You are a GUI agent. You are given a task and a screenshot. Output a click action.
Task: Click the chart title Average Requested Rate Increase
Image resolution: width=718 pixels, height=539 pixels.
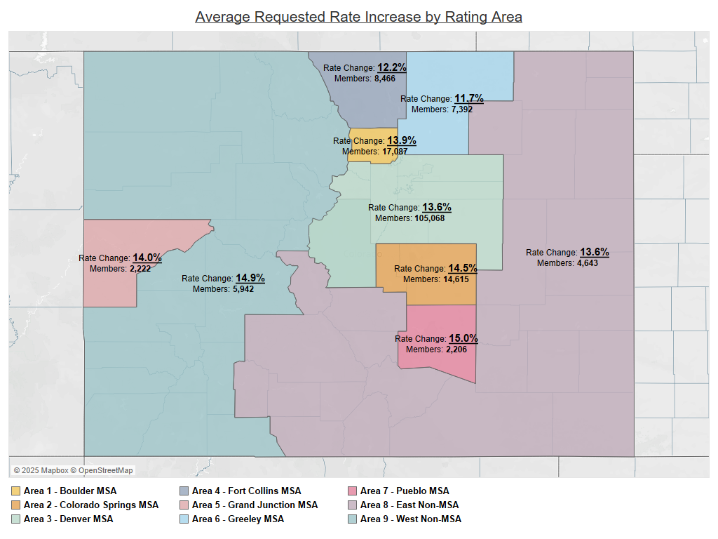(x=358, y=16)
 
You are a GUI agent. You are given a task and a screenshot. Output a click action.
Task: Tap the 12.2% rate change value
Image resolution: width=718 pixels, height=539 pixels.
(x=392, y=67)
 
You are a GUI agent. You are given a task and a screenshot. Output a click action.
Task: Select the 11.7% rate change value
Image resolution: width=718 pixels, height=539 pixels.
(x=469, y=98)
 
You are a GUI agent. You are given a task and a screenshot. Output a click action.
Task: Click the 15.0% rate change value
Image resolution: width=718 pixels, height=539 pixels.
(x=463, y=338)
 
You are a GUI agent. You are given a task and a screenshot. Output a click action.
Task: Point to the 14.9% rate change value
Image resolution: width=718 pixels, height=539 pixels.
(x=250, y=278)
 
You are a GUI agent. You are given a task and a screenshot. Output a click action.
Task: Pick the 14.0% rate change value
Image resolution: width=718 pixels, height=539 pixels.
(x=147, y=258)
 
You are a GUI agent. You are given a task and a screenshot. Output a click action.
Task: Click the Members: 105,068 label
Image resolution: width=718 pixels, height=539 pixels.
(x=409, y=218)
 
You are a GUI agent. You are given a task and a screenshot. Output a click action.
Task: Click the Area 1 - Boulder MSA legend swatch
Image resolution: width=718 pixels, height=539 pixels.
(x=16, y=491)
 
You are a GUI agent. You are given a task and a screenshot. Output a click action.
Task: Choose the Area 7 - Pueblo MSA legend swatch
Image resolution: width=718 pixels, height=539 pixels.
(x=353, y=491)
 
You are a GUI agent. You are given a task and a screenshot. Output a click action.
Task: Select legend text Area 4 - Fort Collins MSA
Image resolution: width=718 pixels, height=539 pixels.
(x=246, y=491)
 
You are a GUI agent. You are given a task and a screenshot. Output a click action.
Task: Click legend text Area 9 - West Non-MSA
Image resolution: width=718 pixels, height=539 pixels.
(x=410, y=519)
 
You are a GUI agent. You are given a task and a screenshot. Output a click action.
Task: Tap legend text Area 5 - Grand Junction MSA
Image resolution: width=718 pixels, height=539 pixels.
(x=255, y=505)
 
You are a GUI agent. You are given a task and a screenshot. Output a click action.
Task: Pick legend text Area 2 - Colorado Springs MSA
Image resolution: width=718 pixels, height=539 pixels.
(x=91, y=505)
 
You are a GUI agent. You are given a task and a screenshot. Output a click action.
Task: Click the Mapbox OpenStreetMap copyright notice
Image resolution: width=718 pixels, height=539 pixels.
(x=73, y=470)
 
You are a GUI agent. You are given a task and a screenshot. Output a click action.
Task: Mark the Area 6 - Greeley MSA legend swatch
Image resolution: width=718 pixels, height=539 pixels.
(x=184, y=519)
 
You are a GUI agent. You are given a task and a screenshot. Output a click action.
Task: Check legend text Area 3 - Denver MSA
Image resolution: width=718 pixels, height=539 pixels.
(x=68, y=519)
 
